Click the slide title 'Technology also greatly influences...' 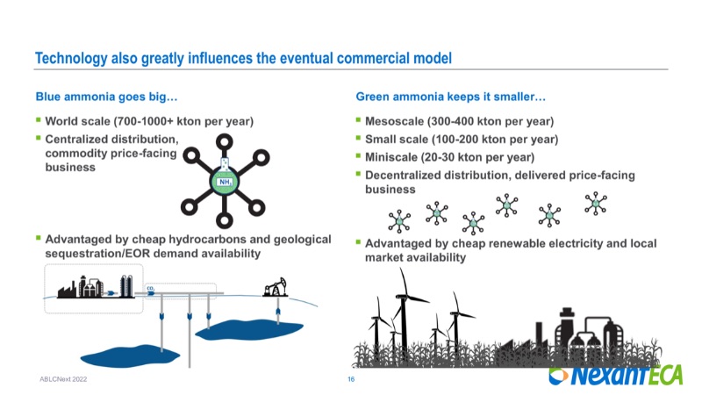[243, 58]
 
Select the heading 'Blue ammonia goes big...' [106, 97]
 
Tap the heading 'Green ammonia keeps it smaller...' [450, 97]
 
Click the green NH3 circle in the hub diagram [225, 182]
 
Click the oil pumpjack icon [275, 287]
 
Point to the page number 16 [351, 379]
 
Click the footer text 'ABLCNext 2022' [63, 379]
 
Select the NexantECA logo [616, 375]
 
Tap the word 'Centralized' [75, 140]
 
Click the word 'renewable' [515, 244]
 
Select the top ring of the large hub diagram [225, 142]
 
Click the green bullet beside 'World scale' [39, 120]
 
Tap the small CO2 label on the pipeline [150, 289]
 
